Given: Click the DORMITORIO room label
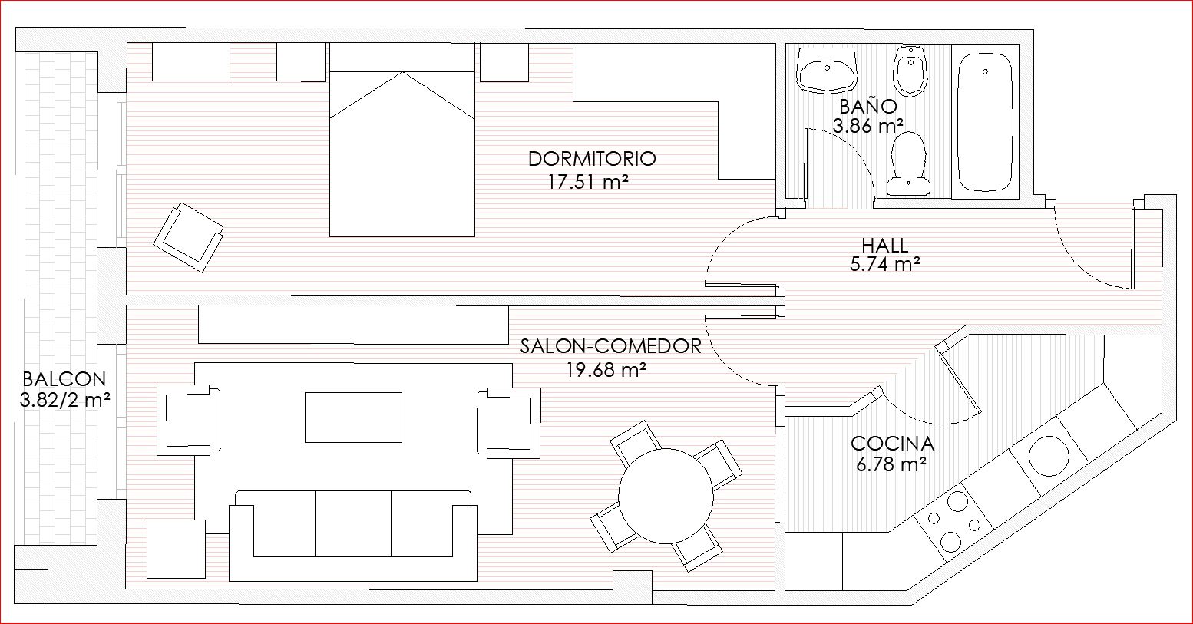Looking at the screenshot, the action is pos(592,159).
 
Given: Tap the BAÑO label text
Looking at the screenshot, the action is pos(868,107).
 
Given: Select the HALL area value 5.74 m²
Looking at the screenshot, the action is pos(885,264).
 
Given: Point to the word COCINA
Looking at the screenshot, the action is pos(892,443).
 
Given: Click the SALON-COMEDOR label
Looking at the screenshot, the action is pos(611,346).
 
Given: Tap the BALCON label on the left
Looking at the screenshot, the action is pos(64,379).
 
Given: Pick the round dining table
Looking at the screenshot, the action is pos(666,497).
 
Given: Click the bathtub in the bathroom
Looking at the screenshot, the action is pos(985,122).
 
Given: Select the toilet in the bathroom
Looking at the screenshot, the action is pos(909,163).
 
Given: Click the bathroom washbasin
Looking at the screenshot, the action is pos(827,71).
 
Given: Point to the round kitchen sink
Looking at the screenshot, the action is pos(1049,456).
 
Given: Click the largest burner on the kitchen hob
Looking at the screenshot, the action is pos(957,501).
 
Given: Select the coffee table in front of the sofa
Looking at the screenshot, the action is pos(354,418).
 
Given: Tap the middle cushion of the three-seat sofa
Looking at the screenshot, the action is pos(353,524).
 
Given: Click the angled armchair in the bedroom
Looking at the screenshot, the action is pos(189,237).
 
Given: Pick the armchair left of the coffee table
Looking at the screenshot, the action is pos(189,421).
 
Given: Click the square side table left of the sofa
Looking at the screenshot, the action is pos(177,549).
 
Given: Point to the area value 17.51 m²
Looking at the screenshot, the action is pos(588,182).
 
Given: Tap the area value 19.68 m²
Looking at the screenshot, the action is pos(606,369).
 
